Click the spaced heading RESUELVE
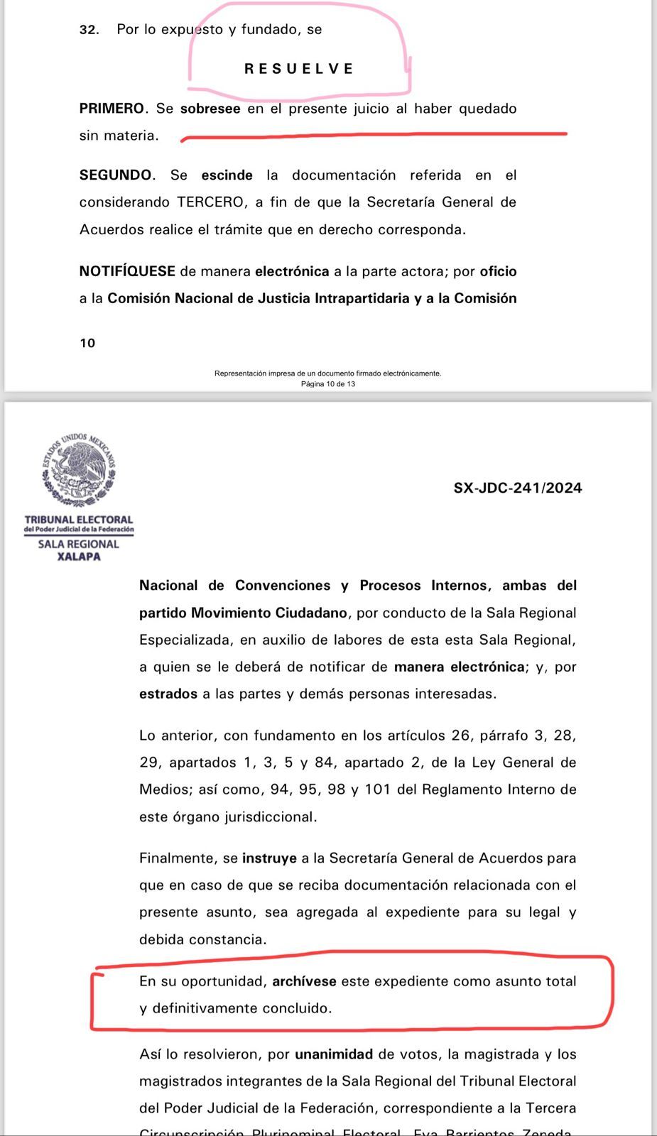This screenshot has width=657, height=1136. pos(298,69)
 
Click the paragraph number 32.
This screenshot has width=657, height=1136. pos(89,30)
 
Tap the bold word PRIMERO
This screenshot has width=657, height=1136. pos(112,109)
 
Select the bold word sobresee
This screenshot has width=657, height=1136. pos(210,109)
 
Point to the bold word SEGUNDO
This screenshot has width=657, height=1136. pos(116,175)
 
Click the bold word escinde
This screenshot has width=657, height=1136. pos(227,175)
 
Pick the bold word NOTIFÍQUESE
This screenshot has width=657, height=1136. pos(127,271)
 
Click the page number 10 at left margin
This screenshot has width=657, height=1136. pos(87,343)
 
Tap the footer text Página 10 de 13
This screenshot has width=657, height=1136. pos(328,384)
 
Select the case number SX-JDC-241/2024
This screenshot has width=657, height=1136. pos(518,488)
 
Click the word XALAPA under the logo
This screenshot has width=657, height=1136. pos(79,557)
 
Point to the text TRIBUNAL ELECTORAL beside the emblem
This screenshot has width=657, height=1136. pos(79,520)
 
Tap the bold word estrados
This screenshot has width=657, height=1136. pos(168,694)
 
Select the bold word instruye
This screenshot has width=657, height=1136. pos(269,858)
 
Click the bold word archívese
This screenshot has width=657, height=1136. pos(304,981)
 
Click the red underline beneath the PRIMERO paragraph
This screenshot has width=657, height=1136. pos(374,134)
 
